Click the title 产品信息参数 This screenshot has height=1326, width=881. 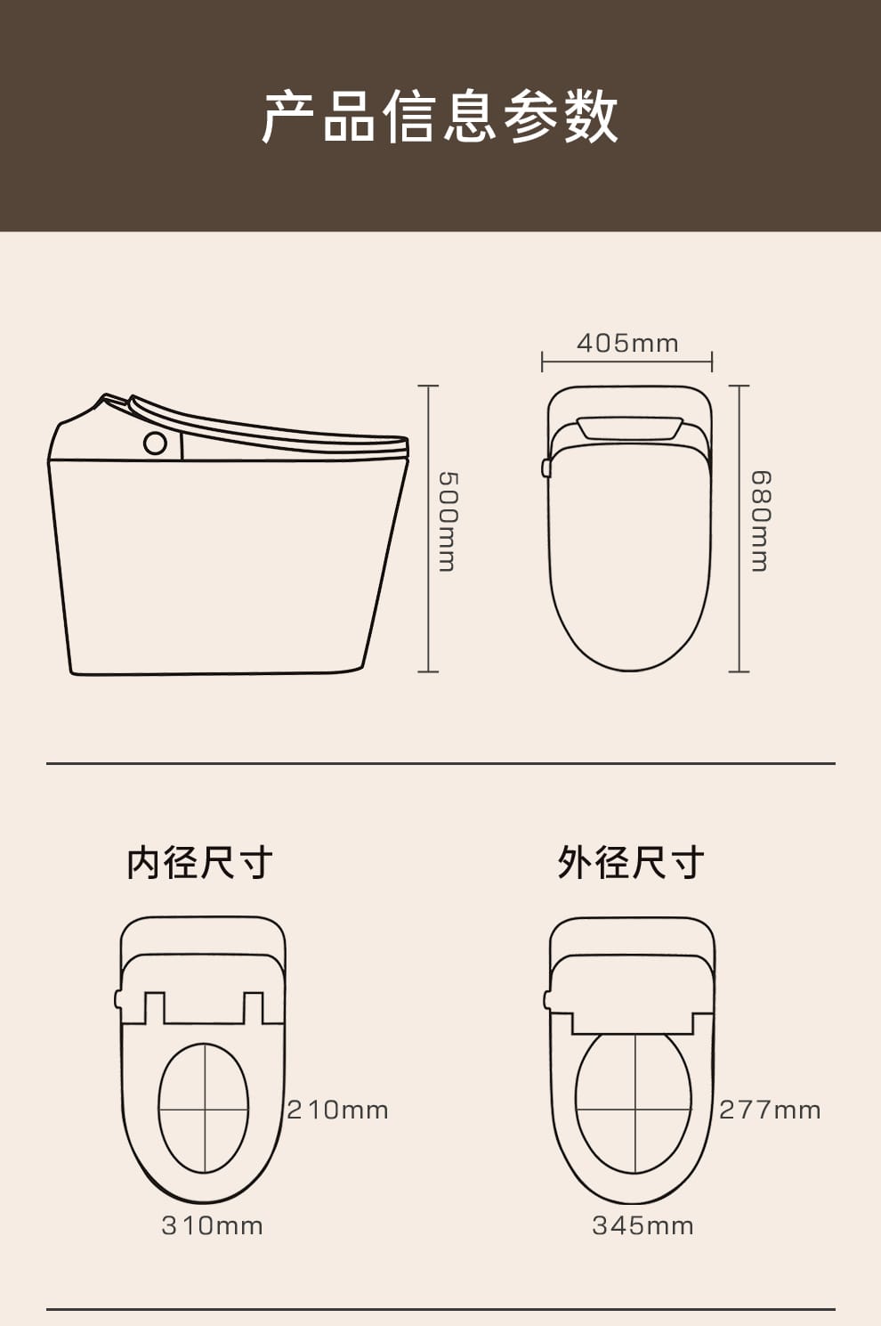(440, 116)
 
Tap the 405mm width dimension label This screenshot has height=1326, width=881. (627, 344)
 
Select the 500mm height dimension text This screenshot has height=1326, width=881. (448, 522)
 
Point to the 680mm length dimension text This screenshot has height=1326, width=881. (760, 522)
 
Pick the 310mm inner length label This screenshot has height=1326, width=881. (212, 1226)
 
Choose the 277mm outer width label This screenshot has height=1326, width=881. (770, 1110)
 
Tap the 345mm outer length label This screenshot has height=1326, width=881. (643, 1226)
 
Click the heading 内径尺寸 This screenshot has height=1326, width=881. (199, 863)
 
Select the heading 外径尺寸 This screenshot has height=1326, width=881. (631, 863)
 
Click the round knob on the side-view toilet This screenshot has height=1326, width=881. (155, 443)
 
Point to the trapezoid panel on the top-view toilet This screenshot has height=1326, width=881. (629, 427)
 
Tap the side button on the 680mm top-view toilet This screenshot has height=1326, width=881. (546, 468)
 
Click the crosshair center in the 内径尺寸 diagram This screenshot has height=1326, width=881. (205, 1109)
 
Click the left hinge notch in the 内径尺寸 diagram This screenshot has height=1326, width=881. (155, 1007)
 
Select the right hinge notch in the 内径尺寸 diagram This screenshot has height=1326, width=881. (254, 1007)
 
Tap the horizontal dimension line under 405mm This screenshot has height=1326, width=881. (627, 361)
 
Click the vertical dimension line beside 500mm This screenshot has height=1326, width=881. (428, 529)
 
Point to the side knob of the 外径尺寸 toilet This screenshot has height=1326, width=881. (546, 1000)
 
